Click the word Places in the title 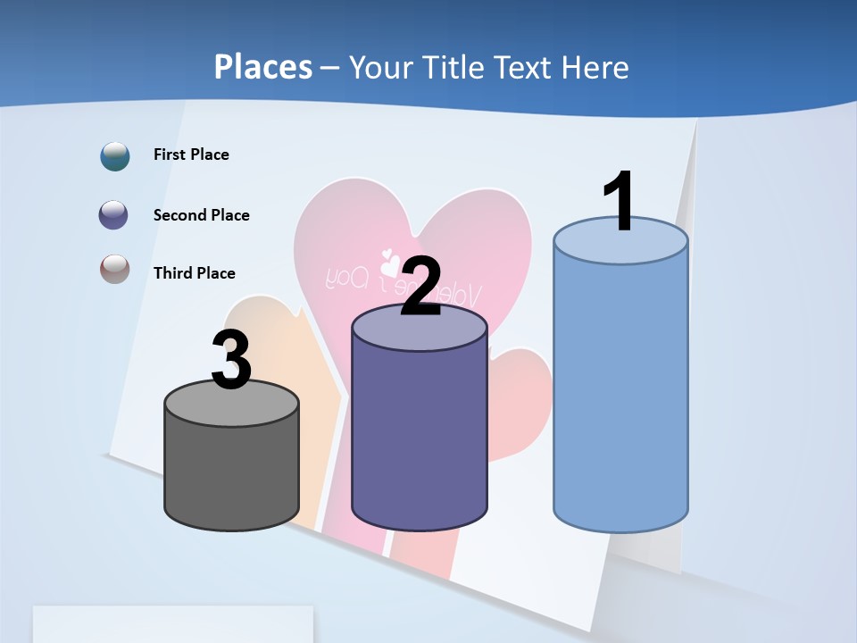click(x=262, y=67)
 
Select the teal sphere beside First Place click(x=115, y=155)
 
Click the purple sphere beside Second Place click(x=114, y=215)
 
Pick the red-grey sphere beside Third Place click(x=114, y=269)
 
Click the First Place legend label click(x=191, y=154)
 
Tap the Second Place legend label click(x=201, y=215)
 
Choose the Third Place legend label click(x=194, y=273)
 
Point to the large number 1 click(x=619, y=202)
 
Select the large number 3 click(x=231, y=360)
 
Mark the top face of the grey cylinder click(x=231, y=404)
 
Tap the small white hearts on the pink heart click(x=389, y=263)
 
